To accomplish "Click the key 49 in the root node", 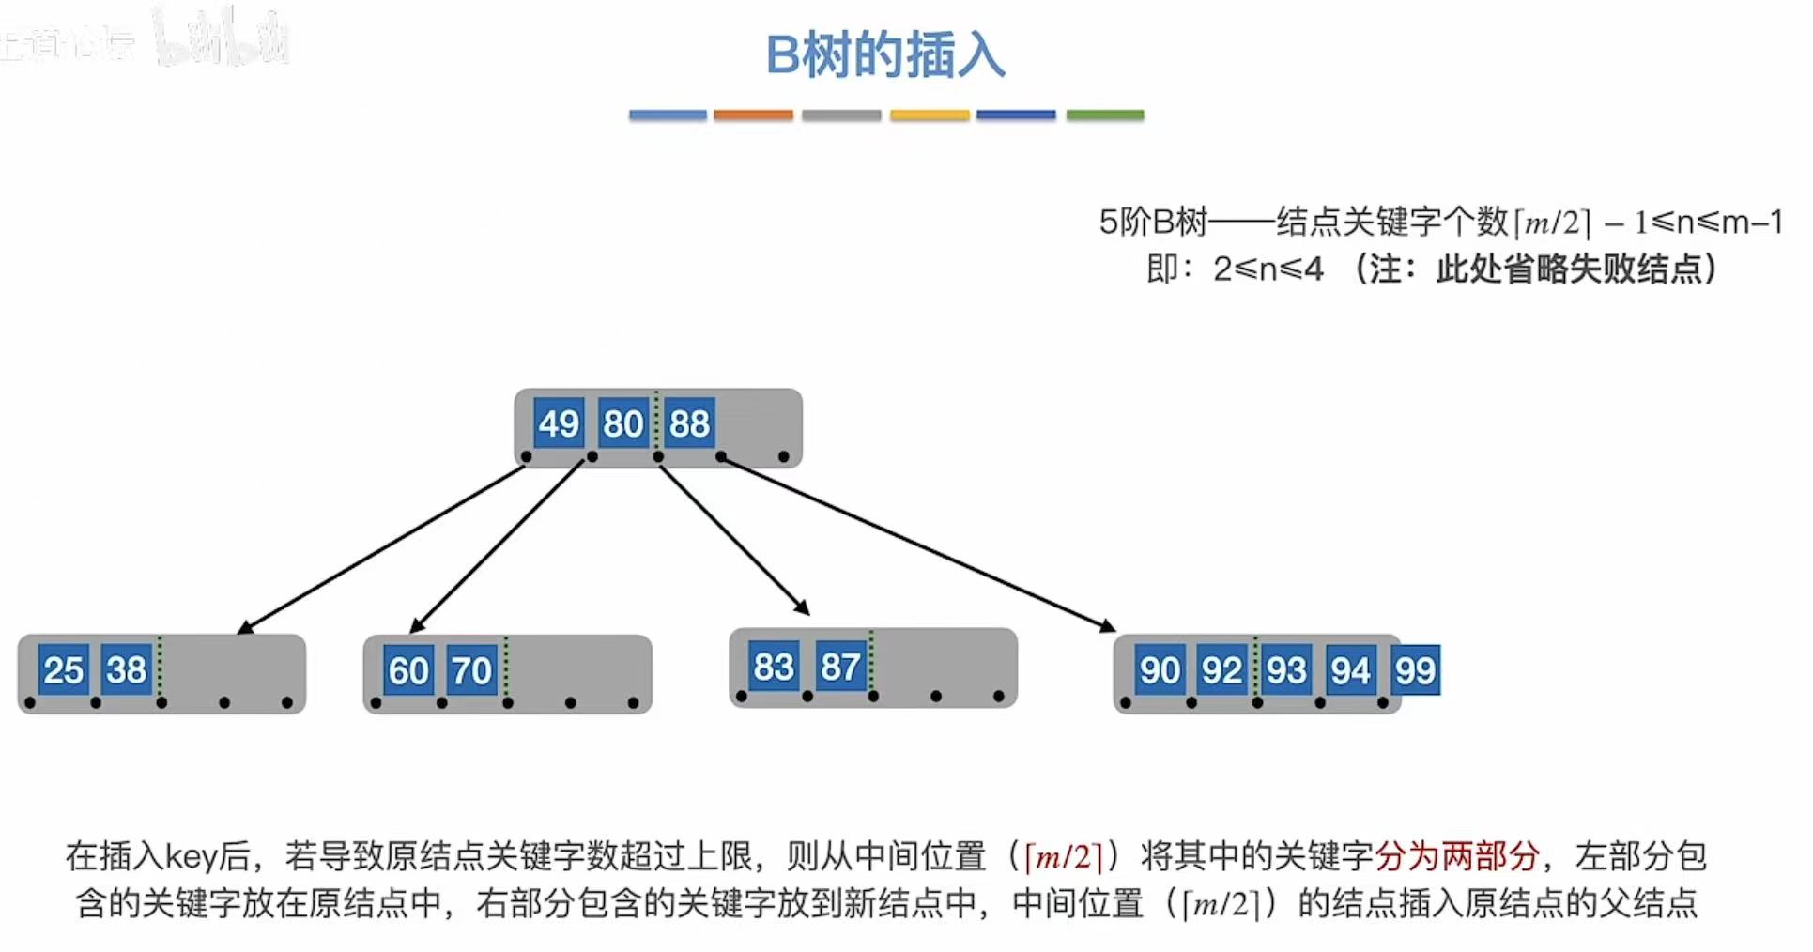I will pyautogui.click(x=559, y=423).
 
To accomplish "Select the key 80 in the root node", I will pyautogui.click(x=622, y=423).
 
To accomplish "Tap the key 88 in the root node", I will pyautogui.click(x=689, y=423).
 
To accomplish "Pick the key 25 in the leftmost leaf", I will pyautogui.click(x=64, y=669).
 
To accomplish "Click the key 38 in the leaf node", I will pyautogui.click(x=126, y=669).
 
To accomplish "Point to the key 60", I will pyautogui.click(x=408, y=670).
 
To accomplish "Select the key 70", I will pyautogui.click(x=471, y=670).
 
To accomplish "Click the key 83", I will pyautogui.click(x=774, y=667).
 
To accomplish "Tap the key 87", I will pyautogui.click(x=840, y=667).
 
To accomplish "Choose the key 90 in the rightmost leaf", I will pyautogui.click(x=1160, y=669).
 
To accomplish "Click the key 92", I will pyautogui.click(x=1221, y=669).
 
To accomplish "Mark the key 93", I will pyautogui.click(x=1286, y=669).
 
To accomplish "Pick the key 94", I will pyautogui.click(x=1350, y=669).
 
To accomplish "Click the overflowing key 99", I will pyautogui.click(x=1415, y=669).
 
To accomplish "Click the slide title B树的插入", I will pyautogui.click(x=885, y=54).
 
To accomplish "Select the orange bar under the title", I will pyautogui.click(x=753, y=115).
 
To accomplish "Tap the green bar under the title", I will pyautogui.click(x=1105, y=115).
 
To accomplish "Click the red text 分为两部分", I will pyautogui.click(x=1456, y=855).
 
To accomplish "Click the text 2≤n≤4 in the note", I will pyautogui.click(x=1268, y=269).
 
